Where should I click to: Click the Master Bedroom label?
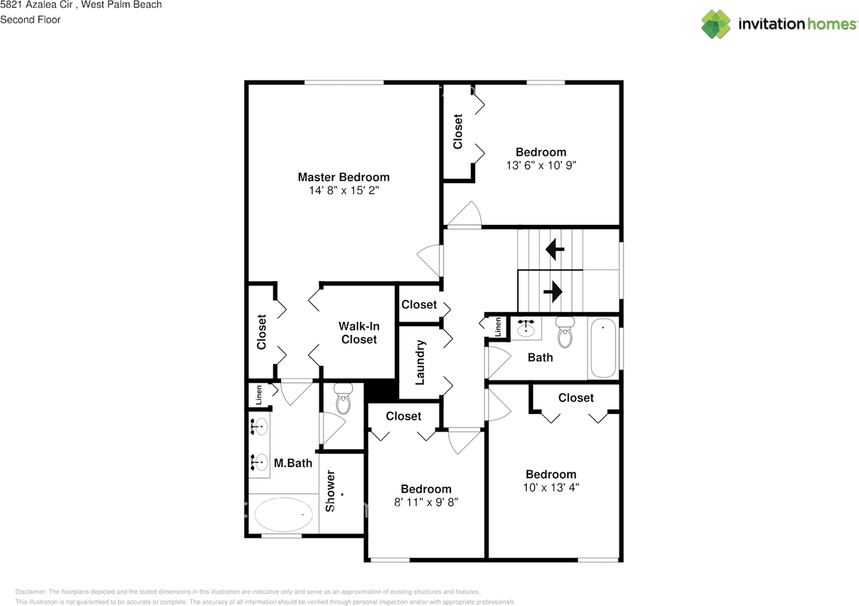point(343,177)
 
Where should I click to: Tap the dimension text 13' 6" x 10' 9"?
point(541,165)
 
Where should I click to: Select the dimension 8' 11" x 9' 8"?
point(425,502)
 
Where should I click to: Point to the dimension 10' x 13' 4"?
point(550,487)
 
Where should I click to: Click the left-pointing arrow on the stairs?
point(554,250)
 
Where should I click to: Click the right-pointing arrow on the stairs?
point(552,291)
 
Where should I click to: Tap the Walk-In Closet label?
point(359,333)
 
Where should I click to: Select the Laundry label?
point(421,362)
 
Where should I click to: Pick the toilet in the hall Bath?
point(565,333)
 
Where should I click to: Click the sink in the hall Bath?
point(525,328)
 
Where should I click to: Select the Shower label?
point(330,491)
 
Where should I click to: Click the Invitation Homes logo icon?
point(716,24)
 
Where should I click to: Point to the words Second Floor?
point(30,19)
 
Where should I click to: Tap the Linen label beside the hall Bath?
point(498,327)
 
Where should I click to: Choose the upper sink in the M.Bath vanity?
point(259,425)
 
